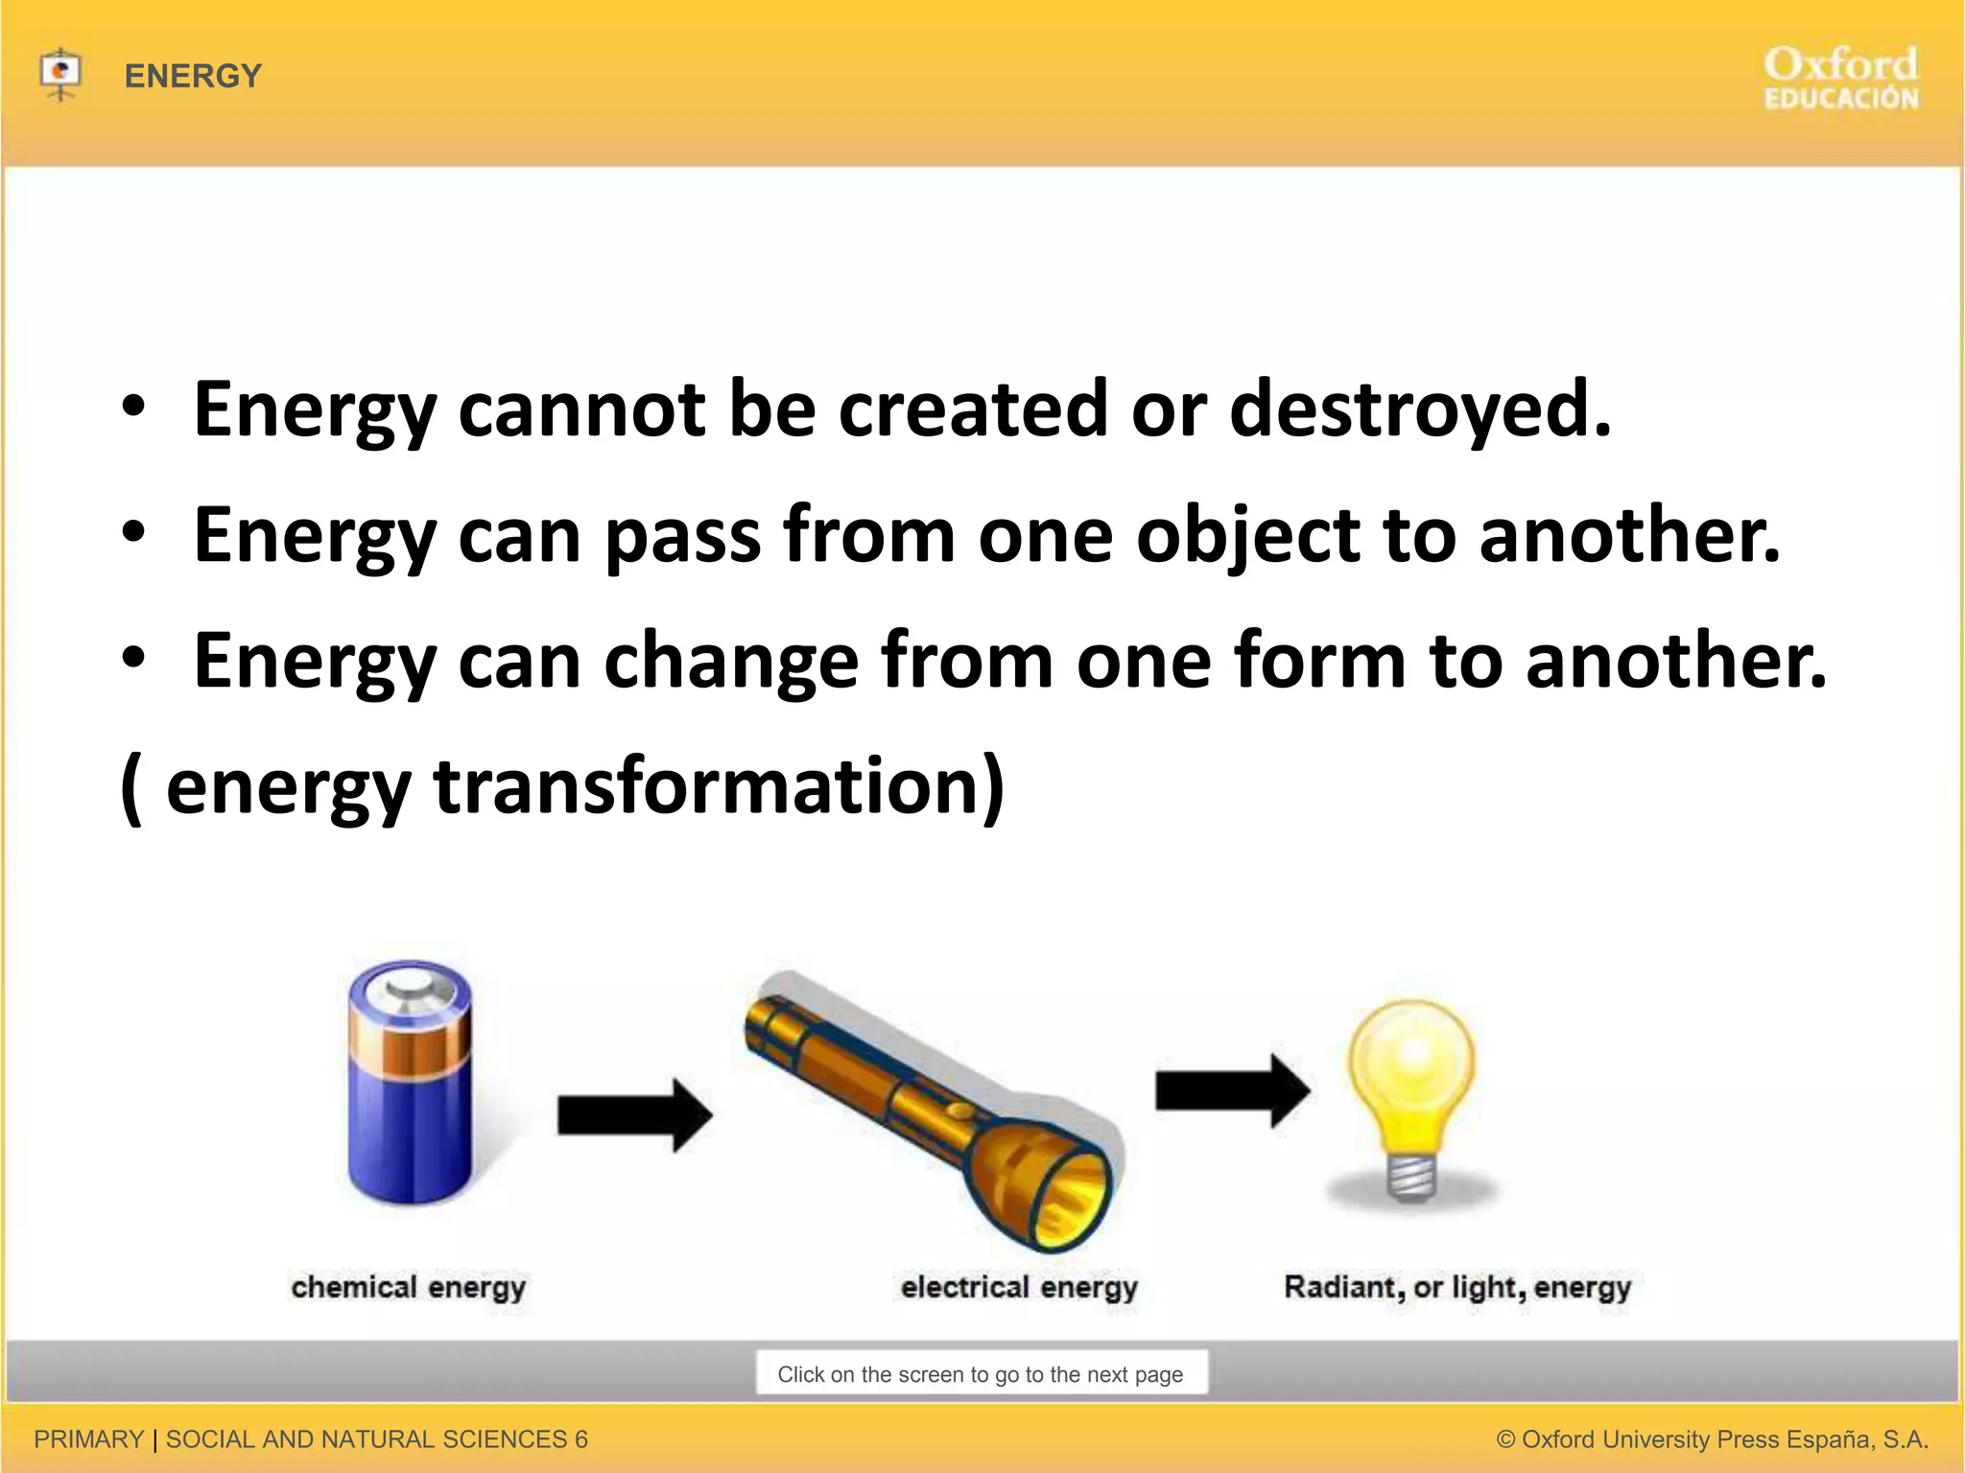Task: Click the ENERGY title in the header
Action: tap(193, 76)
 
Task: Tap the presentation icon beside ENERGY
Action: tap(60, 73)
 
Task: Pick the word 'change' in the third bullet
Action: tap(730, 662)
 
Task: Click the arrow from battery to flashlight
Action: tap(634, 1115)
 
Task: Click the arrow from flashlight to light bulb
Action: tap(1232, 1090)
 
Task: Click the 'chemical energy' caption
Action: tap(409, 1287)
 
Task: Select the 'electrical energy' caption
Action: tap(1019, 1287)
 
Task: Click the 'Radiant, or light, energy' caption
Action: tap(1457, 1287)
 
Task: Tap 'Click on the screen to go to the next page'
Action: tap(981, 1374)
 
